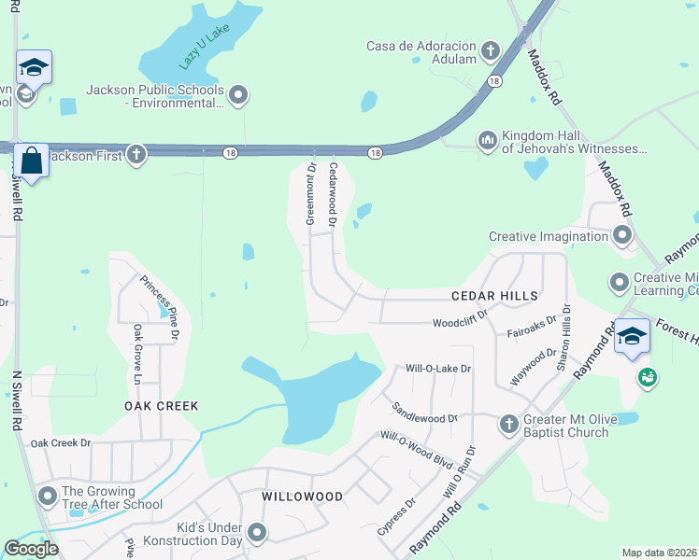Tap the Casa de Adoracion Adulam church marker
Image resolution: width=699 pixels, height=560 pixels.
click(491, 49)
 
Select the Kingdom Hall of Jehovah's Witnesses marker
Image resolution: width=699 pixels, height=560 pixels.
click(487, 141)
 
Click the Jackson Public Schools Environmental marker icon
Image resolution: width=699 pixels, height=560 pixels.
click(238, 94)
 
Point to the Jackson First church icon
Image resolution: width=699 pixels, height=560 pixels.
click(136, 155)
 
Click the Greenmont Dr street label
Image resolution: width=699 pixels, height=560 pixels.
click(311, 193)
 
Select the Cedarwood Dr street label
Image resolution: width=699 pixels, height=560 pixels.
click(332, 195)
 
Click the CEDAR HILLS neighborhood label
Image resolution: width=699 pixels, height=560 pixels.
click(494, 296)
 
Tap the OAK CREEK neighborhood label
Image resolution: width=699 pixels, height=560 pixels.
click(162, 406)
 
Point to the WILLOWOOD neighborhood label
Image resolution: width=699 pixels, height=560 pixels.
click(302, 497)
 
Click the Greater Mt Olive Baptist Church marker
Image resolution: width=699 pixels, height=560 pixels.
click(508, 425)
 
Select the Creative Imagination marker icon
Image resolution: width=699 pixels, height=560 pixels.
click(622, 236)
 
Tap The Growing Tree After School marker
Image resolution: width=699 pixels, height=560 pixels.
click(47, 497)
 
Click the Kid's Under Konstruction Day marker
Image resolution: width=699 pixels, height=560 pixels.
click(257, 534)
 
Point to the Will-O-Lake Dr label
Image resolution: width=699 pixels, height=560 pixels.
click(438, 369)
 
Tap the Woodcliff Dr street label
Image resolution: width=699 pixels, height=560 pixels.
click(461, 324)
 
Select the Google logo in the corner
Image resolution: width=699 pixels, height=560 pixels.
click(31, 549)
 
